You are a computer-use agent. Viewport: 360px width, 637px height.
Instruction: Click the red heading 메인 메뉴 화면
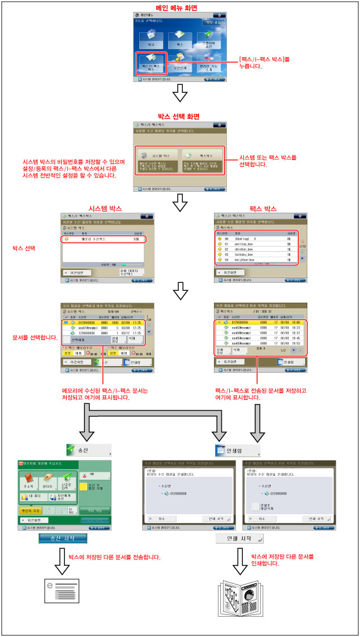(179, 8)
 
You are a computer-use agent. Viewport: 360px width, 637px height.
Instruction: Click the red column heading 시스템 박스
(102, 209)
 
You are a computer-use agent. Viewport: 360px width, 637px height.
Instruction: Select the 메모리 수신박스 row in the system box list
(103, 239)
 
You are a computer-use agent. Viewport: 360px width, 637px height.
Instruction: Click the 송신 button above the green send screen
(87, 450)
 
